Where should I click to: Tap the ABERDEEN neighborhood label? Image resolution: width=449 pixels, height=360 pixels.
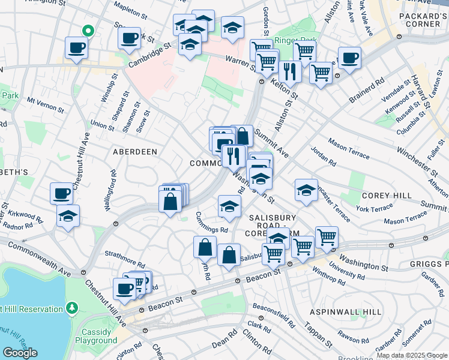(x=134, y=152)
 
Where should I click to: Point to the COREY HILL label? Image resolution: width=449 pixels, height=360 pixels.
(x=387, y=196)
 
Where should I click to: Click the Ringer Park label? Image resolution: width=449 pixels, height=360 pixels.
(x=291, y=41)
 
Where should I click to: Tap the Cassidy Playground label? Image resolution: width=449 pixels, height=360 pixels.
(x=96, y=335)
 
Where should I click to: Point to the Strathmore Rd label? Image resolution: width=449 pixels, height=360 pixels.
(x=125, y=260)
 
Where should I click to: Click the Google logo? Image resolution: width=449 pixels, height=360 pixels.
(x=20, y=352)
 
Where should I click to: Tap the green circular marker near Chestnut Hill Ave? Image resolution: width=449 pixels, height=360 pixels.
(x=88, y=30)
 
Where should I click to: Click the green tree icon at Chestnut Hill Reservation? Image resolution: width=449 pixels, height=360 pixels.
(x=72, y=308)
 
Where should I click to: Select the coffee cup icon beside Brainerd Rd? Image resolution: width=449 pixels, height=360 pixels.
(x=349, y=59)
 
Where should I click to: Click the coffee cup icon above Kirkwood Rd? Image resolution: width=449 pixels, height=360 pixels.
(x=61, y=194)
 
